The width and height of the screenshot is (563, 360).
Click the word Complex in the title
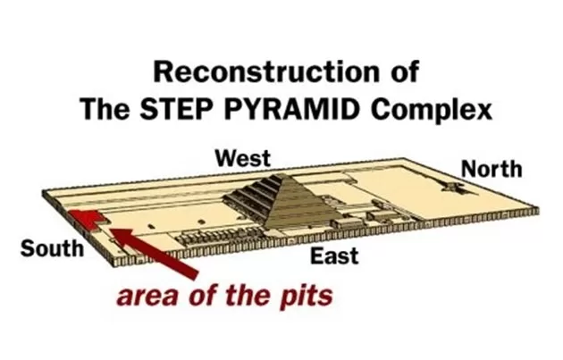click(x=432, y=110)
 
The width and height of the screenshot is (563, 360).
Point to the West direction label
click(x=243, y=158)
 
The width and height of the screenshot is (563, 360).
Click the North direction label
click(x=492, y=169)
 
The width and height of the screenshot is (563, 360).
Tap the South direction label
click(x=52, y=248)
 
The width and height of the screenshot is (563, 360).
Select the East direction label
click(x=334, y=255)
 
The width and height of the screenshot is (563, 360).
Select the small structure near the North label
click(x=451, y=187)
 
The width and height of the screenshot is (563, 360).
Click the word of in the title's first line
click(x=405, y=71)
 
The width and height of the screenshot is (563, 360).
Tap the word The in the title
click(x=105, y=109)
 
